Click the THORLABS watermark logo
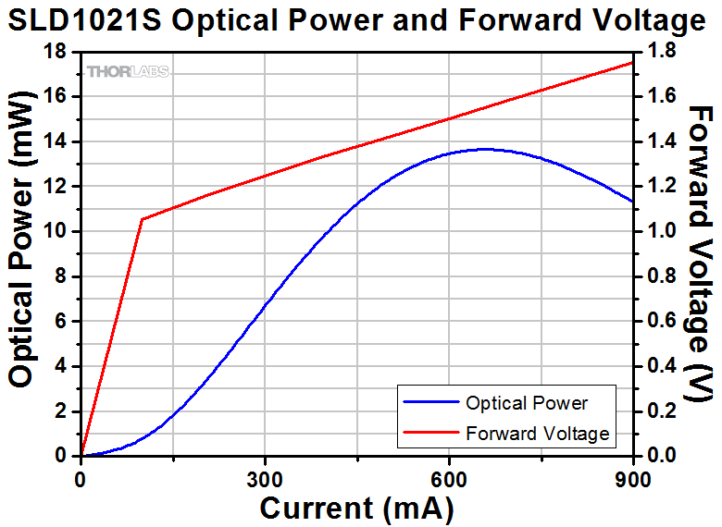click(x=128, y=71)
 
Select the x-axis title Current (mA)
click(x=356, y=508)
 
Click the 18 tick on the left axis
click(x=56, y=52)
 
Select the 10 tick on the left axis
click(x=56, y=231)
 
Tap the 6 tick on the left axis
click(x=62, y=321)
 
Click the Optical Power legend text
click(x=527, y=403)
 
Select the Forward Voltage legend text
click(x=538, y=433)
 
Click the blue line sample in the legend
click(x=429, y=403)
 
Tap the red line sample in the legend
click(x=429, y=433)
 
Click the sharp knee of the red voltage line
click(x=142, y=219)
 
